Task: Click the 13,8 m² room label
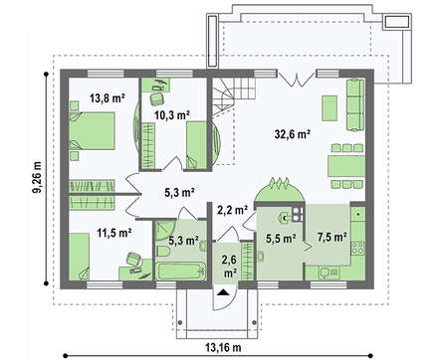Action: (108, 98)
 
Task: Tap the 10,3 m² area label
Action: (172, 115)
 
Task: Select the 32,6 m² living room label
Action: (293, 134)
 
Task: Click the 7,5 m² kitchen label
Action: (332, 237)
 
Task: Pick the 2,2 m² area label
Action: (233, 210)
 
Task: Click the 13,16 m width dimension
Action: (223, 348)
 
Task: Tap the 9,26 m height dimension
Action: (38, 178)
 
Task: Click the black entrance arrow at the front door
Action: (223, 292)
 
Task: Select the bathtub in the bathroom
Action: (181, 271)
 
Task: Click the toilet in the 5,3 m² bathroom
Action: (162, 251)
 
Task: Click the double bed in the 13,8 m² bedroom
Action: (92, 130)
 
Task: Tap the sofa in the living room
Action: (355, 104)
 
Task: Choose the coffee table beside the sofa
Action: (329, 108)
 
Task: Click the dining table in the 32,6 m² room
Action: (346, 166)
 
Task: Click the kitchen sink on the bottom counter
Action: (328, 272)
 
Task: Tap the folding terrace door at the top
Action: (297, 80)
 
